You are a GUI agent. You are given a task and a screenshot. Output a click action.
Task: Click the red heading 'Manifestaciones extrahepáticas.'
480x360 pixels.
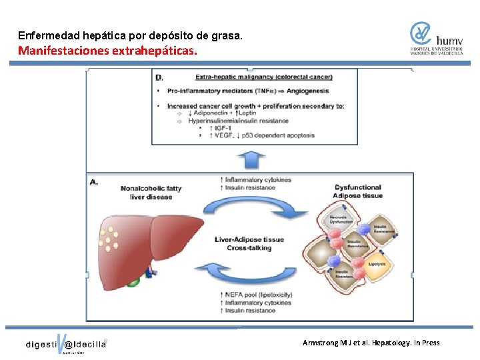[108, 50]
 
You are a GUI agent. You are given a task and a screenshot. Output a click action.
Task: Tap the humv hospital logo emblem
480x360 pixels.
[421, 33]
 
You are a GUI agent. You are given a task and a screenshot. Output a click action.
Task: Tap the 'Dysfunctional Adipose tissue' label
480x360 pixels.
[358, 191]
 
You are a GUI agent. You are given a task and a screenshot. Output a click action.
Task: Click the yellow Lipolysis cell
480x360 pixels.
[377, 262]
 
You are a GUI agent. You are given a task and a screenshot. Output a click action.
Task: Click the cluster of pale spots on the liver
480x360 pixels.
[109, 237]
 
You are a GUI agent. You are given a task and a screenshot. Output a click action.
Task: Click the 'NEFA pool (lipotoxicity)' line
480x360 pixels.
[258, 294]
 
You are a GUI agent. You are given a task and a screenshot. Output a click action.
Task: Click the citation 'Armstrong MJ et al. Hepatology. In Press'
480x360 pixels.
[371, 343]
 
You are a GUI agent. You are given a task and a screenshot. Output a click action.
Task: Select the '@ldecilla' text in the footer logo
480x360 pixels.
[85, 344]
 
